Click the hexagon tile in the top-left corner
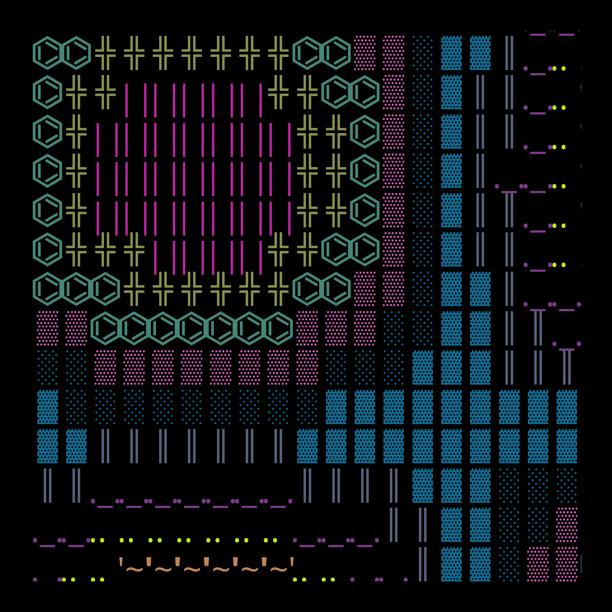click(x=47, y=53)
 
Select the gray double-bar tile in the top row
click(x=509, y=53)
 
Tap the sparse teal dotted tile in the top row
click(x=423, y=53)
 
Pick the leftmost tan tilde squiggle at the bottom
click(x=134, y=570)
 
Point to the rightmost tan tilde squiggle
click(x=278, y=570)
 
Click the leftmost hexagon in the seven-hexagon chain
click(x=105, y=328)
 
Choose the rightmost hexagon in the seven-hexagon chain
click(x=278, y=328)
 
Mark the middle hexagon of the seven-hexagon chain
click(x=192, y=328)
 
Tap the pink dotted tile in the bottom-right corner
click(x=567, y=564)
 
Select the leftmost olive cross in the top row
click(x=105, y=53)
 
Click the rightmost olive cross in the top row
click(x=278, y=53)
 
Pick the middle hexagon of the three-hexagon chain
click(x=76, y=289)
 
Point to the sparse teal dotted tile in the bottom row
click(x=509, y=564)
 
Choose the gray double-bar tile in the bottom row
click(x=423, y=564)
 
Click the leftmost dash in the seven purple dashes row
click(x=105, y=507)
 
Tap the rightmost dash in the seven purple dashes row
click(x=278, y=507)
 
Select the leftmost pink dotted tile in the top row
click(x=365, y=53)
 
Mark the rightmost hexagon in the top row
click(x=336, y=53)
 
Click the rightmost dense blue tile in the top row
click(x=480, y=53)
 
